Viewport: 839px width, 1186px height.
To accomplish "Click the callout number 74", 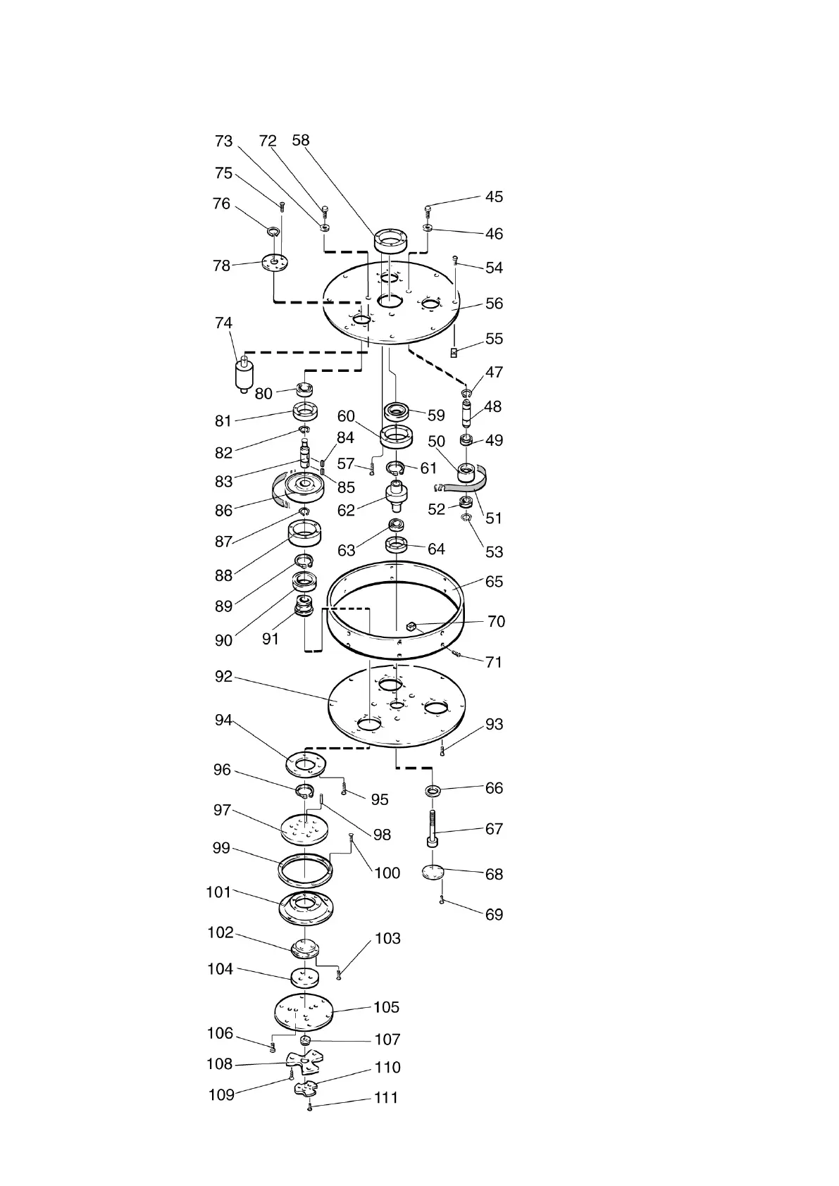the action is pos(223,323).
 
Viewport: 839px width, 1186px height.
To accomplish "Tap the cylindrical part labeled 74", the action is pos(244,375).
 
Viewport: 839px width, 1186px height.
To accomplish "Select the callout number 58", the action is pos(301,140).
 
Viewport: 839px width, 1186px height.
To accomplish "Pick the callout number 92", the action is pos(223,677).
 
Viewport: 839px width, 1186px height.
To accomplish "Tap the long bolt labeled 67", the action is pos(432,828).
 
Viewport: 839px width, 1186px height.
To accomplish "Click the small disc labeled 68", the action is pos(434,873).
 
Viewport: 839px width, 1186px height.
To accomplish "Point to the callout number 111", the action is pos(386,1097).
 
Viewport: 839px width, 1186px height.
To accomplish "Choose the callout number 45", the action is pos(495,197).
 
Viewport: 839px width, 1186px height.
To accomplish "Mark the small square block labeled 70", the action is pos(412,624).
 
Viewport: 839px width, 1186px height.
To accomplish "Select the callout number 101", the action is pos(218,892).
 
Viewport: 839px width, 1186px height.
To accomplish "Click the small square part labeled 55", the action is pos(454,351).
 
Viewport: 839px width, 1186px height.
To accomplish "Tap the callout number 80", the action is pos(263,394).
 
